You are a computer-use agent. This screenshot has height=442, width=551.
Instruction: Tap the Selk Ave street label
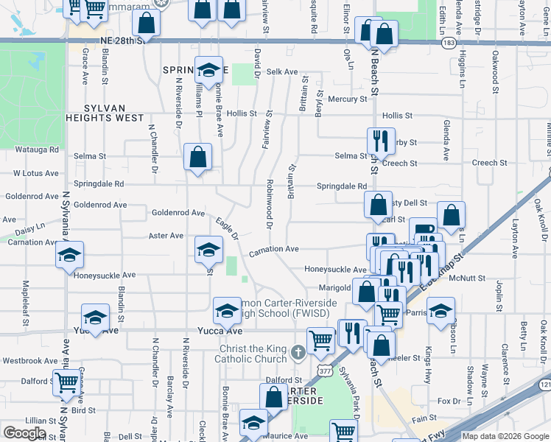[282, 72]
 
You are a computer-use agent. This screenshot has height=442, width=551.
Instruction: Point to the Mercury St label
[347, 99]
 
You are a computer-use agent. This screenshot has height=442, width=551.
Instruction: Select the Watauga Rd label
[37, 150]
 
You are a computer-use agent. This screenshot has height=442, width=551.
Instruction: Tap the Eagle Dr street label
[227, 228]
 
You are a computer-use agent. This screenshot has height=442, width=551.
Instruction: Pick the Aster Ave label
[166, 236]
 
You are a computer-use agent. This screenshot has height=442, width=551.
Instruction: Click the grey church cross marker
[298, 352]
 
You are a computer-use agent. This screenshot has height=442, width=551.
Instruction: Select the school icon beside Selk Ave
[209, 71]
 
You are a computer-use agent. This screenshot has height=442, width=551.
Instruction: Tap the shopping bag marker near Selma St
[197, 157]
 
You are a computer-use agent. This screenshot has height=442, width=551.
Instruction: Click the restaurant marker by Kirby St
[381, 141]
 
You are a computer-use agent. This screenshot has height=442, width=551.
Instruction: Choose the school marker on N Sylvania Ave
[70, 255]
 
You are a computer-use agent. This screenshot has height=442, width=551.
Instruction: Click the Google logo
[25, 433]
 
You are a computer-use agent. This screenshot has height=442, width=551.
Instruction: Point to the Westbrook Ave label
[30, 361]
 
